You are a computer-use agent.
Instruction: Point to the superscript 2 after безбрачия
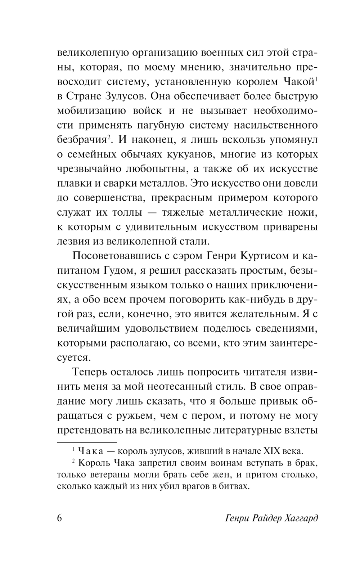pyautogui.click(x=108, y=137)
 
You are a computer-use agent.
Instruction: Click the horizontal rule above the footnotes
pyautogui.click(x=87, y=441)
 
